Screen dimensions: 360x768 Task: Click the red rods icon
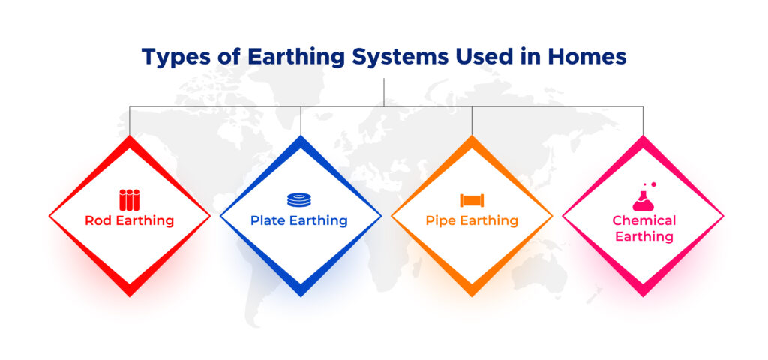point(130,199)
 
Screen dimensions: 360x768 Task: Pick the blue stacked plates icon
point(299,200)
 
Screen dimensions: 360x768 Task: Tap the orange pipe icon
point(472,200)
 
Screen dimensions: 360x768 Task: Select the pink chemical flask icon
point(643,196)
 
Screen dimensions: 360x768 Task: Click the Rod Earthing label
point(130,221)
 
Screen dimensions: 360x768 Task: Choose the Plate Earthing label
point(299,221)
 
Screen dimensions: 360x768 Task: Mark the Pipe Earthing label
point(472,221)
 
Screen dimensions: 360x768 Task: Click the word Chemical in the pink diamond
point(643,220)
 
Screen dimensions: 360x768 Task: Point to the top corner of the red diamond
point(130,137)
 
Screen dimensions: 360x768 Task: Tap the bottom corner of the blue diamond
point(301,295)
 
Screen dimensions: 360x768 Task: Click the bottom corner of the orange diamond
point(472,295)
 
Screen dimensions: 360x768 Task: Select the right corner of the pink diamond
point(723,216)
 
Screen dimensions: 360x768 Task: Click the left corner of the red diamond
point(49,216)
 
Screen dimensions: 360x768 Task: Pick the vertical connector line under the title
point(384,91)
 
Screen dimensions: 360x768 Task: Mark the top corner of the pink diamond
point(643,137)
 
